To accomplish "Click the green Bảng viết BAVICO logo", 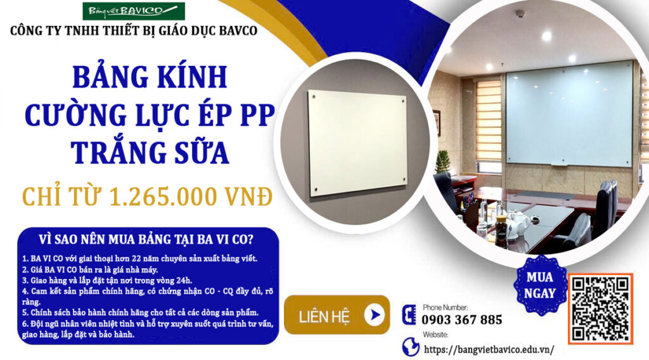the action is [x=134, y=11].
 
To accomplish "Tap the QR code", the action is [x=600, y=308].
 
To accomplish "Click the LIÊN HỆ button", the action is [x=337, y=315].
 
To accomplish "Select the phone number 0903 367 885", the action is [x=461, y=320].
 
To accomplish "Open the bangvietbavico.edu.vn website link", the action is [x=489, y=349].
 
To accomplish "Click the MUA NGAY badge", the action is [x=540, y=285].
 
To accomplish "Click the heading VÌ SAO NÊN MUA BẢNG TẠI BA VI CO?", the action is [x=146, y=239].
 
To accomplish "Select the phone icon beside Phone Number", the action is [x=409, y=315].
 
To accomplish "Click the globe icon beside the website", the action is [x=410, y=347].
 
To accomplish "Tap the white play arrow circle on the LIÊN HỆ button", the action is [x=374, y=315].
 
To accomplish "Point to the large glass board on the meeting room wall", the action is [x=569, y=115].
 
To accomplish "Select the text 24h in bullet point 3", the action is [x=185, y=280].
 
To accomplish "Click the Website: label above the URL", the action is [x=435, y=335].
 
